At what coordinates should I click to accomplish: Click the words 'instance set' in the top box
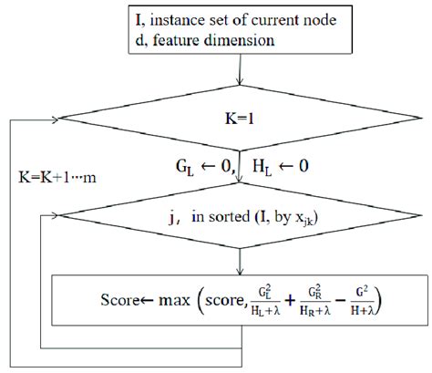[204, 18]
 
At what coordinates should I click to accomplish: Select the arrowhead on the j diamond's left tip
[57, 218]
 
